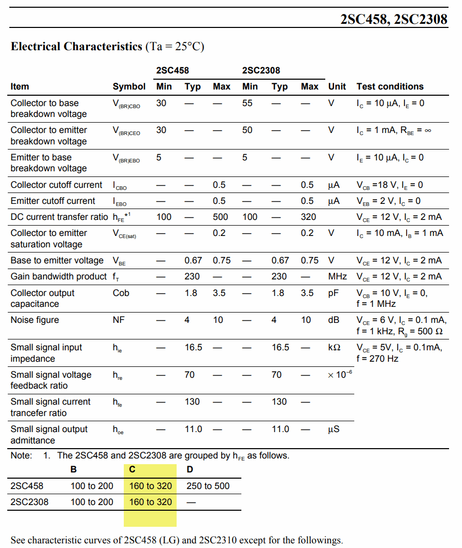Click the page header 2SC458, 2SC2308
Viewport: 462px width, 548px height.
click(x=394, y=19)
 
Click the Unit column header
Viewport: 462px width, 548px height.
click(x=337, y=86)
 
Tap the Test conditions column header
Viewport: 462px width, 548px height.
click(x=389, y=86)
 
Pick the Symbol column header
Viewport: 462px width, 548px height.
click(x=129, y=86)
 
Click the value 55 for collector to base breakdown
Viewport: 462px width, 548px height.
click(x=248, y=103)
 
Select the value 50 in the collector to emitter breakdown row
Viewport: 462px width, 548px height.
click(x=248, y=130)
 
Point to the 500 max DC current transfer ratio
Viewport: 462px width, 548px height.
click(x=221, y=217)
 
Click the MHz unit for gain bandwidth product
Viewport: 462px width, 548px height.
click(x=338, y=276)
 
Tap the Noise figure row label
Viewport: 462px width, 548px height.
click(x=35, y=320)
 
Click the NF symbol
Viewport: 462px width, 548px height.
click(x=119, y=320)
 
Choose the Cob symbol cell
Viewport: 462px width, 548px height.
click(x=121, y=293)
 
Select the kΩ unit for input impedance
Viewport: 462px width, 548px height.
click(x=334, y=347)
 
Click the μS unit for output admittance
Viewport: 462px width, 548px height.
click(x=334, y=429)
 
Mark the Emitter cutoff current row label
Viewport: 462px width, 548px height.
click(x=53, y=201)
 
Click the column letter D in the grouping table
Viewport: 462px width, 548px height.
click(x=190, y=469)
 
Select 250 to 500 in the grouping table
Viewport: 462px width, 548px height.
click(x=208, y=486)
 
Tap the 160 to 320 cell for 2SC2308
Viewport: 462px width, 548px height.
click(x=150, y=501)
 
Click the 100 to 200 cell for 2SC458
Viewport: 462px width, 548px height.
click(x=92, y=486)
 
